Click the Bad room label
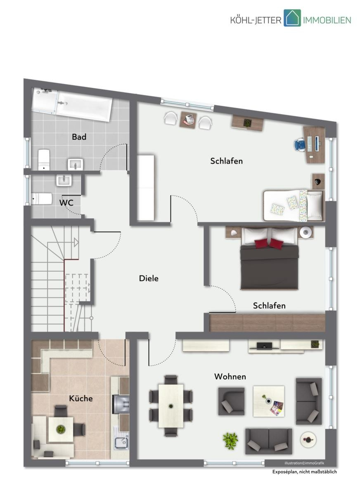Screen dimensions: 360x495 pos(79,137)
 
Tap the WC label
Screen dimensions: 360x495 pos(66,203)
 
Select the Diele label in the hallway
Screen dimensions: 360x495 pos(149,278)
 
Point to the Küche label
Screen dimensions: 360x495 pos(81,398)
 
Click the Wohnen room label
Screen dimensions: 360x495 pos(230,377)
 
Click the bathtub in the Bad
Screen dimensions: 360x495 pos(72,104)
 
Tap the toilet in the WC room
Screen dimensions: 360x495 pos(42,199)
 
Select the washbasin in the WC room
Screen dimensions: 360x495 pos(64,181)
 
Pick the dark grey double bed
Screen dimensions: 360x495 pos(269,259)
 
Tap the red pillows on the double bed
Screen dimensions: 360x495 pos(269,243)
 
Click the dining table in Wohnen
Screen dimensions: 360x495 pos(171,406)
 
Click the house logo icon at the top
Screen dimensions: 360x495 pos(292,18)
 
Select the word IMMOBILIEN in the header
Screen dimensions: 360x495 pos(327,20)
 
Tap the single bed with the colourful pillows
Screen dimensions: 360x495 pos(294,205)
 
